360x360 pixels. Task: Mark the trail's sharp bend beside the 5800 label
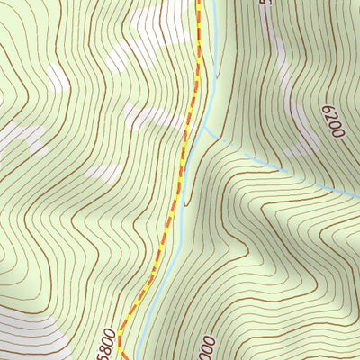pyautogui.click(x=120, y=330)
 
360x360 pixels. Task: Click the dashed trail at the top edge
pyautogui.click(x=198, y=4)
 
